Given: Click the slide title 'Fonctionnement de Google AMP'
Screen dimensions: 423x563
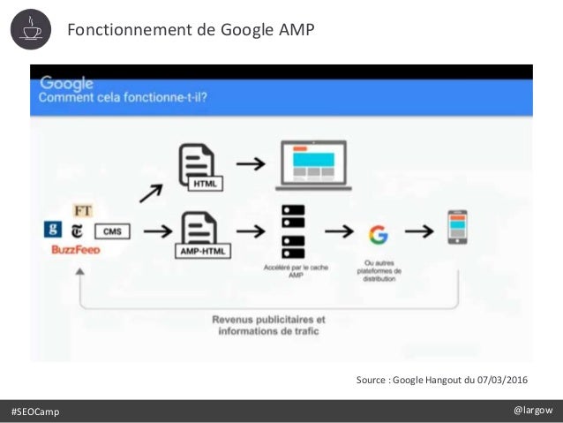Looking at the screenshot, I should [191, 31].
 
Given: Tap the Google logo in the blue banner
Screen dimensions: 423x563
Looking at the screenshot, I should [66, 83].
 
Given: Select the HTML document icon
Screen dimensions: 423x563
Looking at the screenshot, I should [199, 168].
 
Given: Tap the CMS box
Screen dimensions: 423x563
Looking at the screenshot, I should [112, 231].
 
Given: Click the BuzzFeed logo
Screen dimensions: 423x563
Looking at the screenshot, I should [75, 250].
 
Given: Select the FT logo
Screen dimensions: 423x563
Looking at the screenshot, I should [83, 212].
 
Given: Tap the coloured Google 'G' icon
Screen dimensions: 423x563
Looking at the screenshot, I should [379, 234].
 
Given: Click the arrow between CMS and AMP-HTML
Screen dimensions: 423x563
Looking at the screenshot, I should [156, 232].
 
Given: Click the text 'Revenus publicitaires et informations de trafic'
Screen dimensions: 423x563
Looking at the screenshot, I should [267, 325].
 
